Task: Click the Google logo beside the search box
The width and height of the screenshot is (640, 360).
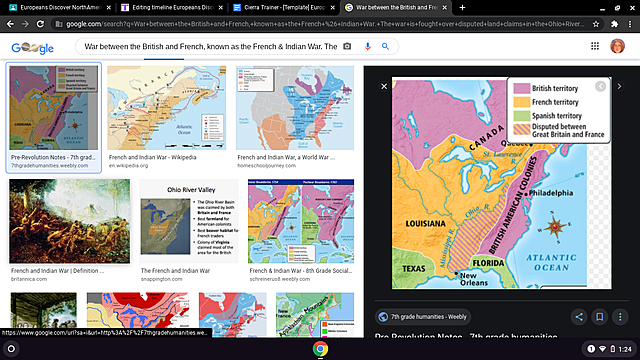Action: (32, 48)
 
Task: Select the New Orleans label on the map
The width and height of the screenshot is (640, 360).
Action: (473, 280)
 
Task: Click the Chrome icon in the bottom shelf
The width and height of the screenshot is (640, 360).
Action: (320, 349)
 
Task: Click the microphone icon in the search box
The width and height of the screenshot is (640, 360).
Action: (367, 47)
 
